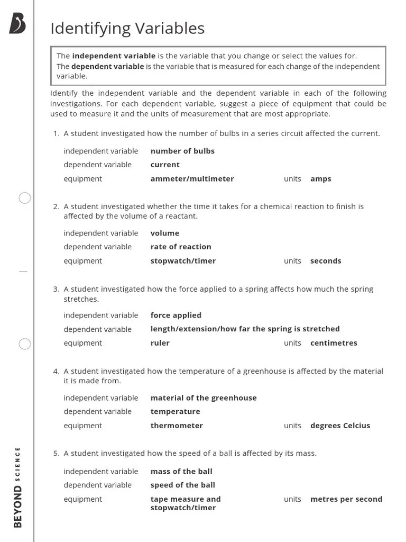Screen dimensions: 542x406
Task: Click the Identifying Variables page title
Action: point(127,29)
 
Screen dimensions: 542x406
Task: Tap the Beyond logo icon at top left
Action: point(17,24)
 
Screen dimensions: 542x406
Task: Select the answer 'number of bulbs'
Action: point(182,151)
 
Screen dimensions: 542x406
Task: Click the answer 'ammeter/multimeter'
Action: point(192,179)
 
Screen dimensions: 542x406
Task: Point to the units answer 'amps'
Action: point(320,179)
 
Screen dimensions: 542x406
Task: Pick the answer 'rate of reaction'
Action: point(181,247)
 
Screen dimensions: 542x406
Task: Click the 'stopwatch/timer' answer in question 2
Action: point(183,261)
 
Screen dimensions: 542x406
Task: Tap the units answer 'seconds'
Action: point(326,261)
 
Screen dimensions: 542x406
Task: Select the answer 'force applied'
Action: point(176,315)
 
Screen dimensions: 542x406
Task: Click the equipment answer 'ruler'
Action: point(160,343)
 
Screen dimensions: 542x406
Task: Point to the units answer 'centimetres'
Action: point(334,343)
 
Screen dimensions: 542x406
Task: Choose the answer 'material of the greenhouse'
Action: point(204,398)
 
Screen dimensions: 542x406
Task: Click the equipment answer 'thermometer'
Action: point(177,426)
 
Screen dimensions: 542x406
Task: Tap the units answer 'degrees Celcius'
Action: point(340,426)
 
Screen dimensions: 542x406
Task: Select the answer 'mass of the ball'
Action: point(181,472)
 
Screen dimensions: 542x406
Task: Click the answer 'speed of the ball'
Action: point(182,485)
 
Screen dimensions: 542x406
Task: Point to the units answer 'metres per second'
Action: point(346,499)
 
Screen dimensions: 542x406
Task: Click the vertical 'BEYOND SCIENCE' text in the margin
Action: point(17,487)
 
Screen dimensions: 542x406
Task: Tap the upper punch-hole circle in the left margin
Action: point(25,198)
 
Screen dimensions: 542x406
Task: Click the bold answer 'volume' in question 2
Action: point(164,233)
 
